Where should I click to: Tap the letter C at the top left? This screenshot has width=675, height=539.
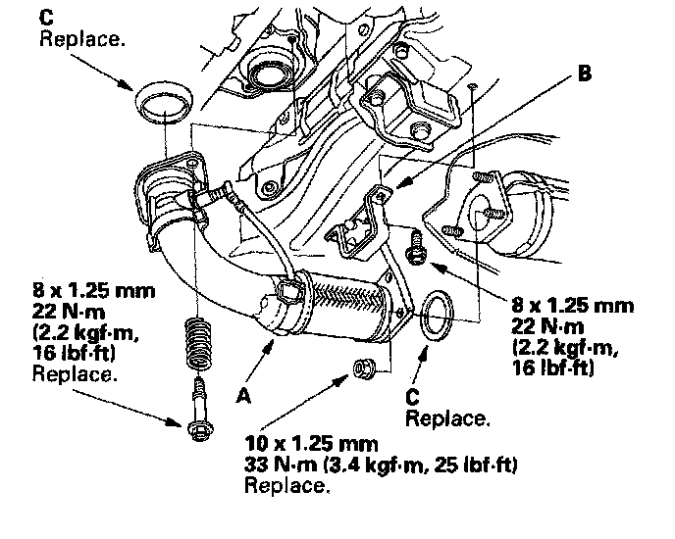[47, 17]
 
